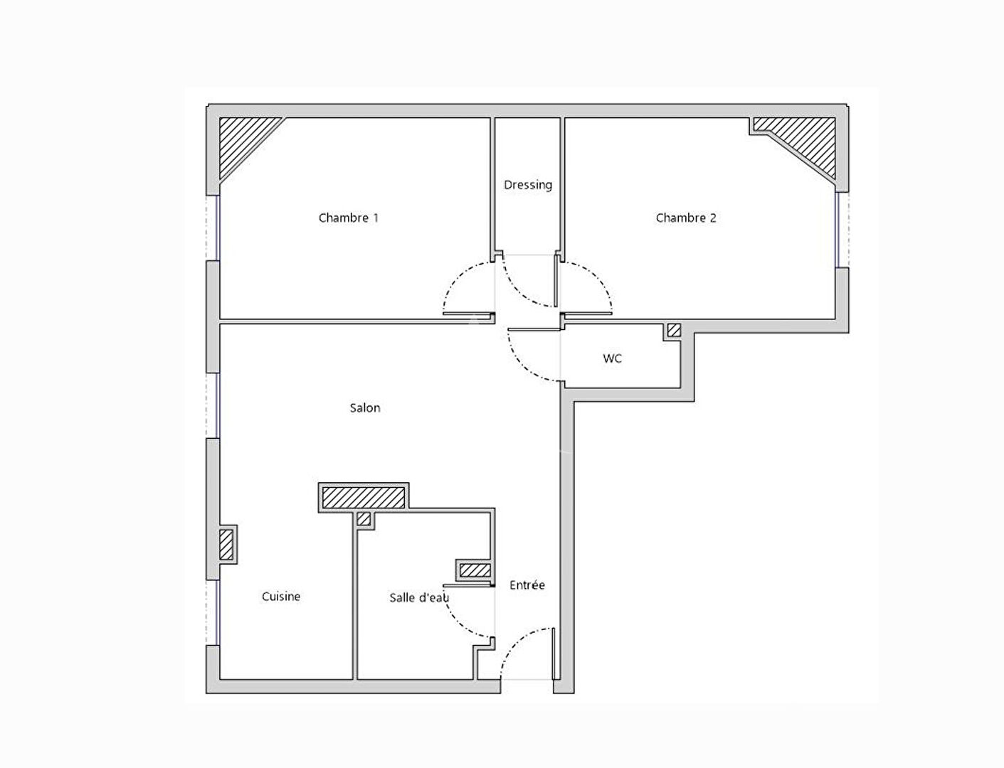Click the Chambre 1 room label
[349, 218]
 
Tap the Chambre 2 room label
[686, 218]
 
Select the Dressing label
[528, 185]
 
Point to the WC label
[612, 358]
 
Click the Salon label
[365, 407]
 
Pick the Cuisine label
[281, 596]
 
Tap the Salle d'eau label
[419, 597]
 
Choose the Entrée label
[527, 585]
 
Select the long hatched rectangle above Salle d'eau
[364, 497]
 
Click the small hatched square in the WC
[674, 330]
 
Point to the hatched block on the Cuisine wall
[226, 544]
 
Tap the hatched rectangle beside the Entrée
[475, 570]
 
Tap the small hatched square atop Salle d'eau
[364, 519]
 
